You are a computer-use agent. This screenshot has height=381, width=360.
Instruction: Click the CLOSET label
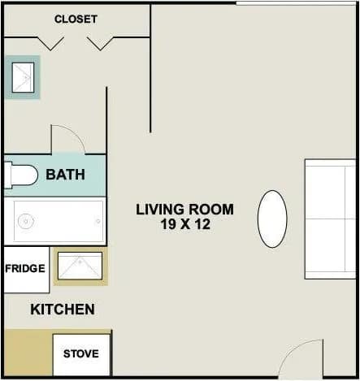(x=76, y=19)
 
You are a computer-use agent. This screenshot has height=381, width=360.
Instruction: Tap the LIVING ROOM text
(x=184, y=210)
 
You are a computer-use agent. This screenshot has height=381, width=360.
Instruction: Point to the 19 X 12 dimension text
(x=184, y=225)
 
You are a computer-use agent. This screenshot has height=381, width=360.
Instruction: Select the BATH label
(x=66, y=175)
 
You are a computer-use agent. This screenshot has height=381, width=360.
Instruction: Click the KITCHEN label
(x=63, y=310)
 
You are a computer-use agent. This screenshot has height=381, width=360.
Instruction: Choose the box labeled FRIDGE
(x=26, y=269)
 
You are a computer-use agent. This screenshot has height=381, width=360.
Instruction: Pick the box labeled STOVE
(x=81, y=354)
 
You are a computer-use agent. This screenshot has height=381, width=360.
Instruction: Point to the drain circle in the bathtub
(x=27, y=220)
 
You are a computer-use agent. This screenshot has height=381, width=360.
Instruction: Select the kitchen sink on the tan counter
(x=80, y=266)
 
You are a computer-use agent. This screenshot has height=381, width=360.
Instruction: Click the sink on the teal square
(x=22, y=77)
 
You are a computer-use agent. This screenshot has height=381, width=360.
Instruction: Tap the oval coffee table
(x=272, y=219)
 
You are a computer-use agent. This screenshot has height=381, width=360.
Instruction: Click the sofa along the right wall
(x=330, y=219)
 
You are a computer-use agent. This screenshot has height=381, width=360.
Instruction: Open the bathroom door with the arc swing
(x=67, y=139)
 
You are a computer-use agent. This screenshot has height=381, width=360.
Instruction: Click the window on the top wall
(x=296, y=3)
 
